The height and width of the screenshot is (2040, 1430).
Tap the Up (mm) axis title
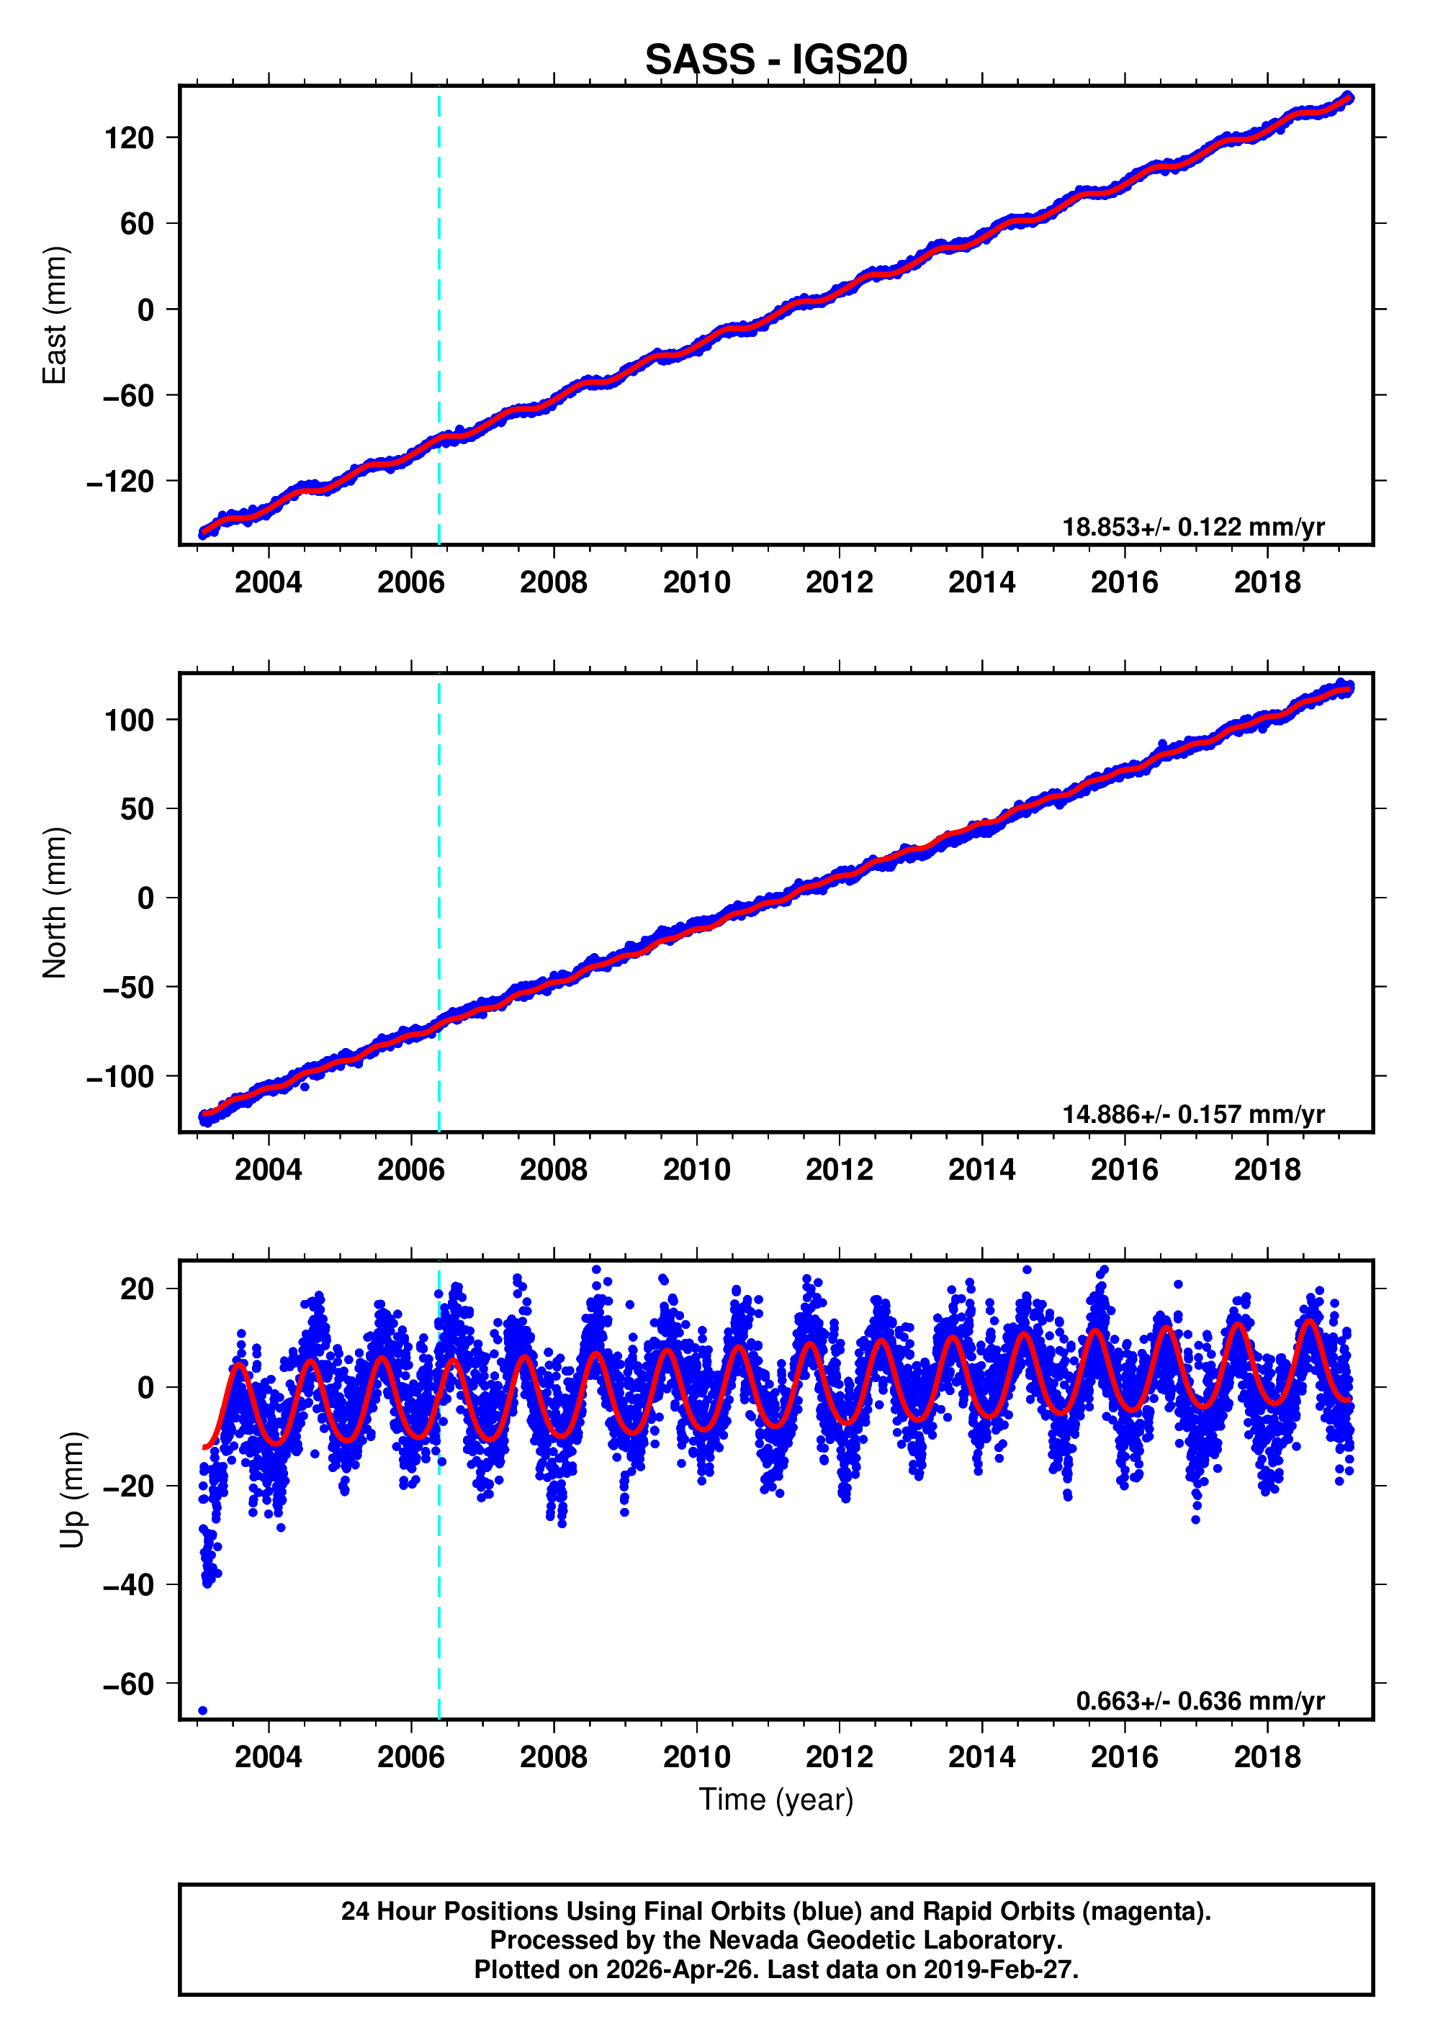(73, 1490)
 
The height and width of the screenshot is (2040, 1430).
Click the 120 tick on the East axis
(129, 137)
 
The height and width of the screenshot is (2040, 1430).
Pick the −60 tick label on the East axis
(128, 395)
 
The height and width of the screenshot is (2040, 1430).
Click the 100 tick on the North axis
(129, 720)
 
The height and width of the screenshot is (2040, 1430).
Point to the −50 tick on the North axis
(128, 987)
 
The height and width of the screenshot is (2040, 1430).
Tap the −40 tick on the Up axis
(128, 1585)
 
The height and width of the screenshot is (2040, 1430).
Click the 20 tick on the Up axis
(137, 1289)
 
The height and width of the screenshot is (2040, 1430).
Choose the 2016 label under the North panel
(1124, 1170)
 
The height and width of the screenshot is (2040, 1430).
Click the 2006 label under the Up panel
(410, 1757)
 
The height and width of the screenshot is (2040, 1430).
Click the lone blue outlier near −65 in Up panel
(202, 1710)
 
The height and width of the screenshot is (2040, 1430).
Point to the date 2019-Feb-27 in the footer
(998, 1969)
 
